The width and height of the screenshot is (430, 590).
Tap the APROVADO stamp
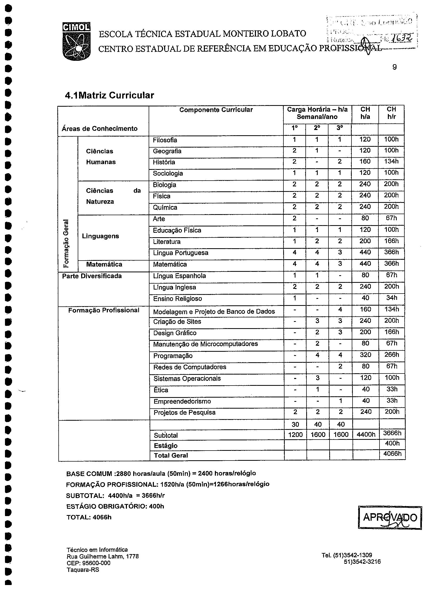[390, 518]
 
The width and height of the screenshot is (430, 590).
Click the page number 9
[394, 67]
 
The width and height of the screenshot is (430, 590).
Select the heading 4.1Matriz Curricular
[109, 95]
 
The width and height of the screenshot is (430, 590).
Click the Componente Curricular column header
[216, 110]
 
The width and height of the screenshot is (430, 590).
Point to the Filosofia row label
[165, 140]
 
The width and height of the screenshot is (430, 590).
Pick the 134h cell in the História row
[391, 161]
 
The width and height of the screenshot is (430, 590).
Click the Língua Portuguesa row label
[181, 253]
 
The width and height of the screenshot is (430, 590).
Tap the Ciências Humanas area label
[101, 157]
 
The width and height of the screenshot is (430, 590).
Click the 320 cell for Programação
[365, 355]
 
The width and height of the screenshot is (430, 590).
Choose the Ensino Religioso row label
[177, 299]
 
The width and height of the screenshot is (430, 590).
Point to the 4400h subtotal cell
[366, 435]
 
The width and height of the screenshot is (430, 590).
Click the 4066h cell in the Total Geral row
[392, 454]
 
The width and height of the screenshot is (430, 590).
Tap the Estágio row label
[166, 446]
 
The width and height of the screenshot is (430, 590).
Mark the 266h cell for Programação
[392, 355]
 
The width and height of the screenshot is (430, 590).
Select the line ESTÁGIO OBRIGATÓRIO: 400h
[115, 506]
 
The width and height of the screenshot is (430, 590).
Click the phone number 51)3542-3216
[362, 562]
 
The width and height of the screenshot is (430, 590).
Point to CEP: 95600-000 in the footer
[88, 563]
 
